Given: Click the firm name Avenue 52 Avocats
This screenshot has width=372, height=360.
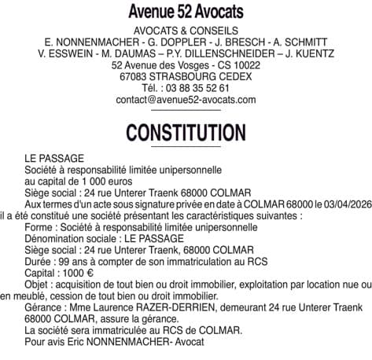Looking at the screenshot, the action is click(x=186, y=13).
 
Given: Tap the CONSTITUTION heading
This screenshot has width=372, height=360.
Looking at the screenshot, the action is click(x=186, y=130).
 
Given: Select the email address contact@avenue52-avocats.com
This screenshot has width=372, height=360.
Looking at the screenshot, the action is click(x=186, y=101).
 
